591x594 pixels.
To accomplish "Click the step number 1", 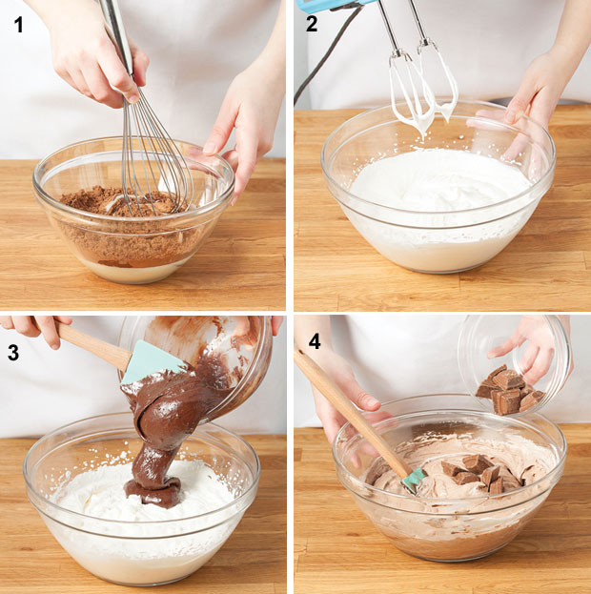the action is coord(18,25).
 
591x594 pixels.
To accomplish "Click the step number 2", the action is coord(312,24).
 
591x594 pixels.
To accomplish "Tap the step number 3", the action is coord(13,353).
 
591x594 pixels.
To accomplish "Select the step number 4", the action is coord(315,341).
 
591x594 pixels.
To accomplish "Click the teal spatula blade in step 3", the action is coord(151,362).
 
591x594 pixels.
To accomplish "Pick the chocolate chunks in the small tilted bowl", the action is coord(508,390).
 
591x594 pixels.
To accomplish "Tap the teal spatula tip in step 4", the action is coord(414,481).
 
